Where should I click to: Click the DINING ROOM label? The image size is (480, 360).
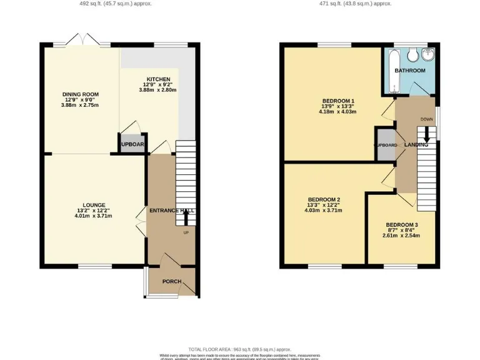pyautogui.click(x=80, y=94)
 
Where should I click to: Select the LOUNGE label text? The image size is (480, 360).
pyautogui.click(x=80, y=204)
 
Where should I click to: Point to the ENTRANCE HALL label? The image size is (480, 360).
pyautogui.click(x=171, y=211)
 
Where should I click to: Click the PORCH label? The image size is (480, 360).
pyautogui.click(x=171, y=281)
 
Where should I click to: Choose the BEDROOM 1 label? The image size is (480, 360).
pyautogui.click(x=338, y=101)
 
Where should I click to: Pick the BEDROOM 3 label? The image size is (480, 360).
pyautogui.click(x=401, y=225)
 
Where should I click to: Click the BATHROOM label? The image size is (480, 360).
pyautogui.click(x=410, y=71)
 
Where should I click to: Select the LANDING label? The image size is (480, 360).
pyautogui.click(x=416, y=145)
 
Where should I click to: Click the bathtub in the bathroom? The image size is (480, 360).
pyautogui.click(x=389, y=72)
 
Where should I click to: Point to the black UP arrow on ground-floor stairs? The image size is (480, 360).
pyautogui.click(x=186, y=217)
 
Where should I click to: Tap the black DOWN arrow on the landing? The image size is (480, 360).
pyautogui.click(x=427, y=134)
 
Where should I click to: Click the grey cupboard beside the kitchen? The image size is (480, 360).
pyautogui.click(x=132, y=144)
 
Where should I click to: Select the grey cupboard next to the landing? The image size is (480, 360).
pyautogui.click(x=384, y=144)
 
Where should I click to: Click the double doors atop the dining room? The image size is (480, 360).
pyautogui.click(x=84, y=39)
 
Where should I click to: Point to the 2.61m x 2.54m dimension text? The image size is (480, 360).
pyautogui.click(x=401, y=236)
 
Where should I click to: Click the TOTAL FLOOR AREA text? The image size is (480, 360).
pyautogui.click(x=240, y=349)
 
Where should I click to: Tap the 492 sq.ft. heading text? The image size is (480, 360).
pyautogui.click(x=116, y=3)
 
